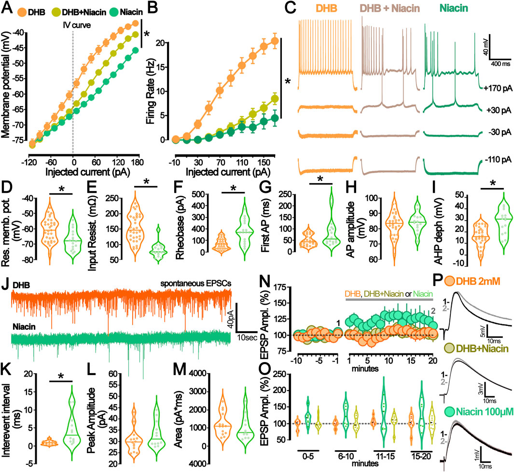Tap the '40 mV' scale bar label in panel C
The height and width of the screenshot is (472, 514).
[x=502, y=46]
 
